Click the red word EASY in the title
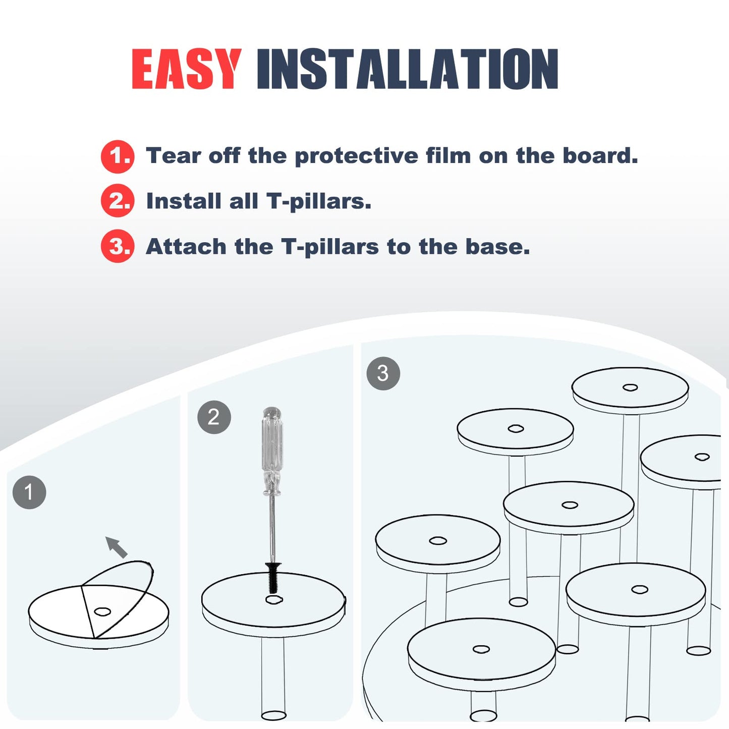tap(187, 69)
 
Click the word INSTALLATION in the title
tap(408, 69)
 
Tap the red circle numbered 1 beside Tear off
tap(117, 156)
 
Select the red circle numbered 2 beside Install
tap(117, 200)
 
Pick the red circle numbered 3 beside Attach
tap(117, 246)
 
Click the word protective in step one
tap(356, 156)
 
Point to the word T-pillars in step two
tap(319, 201)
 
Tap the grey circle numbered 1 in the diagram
tap(29, 492)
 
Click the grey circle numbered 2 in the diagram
tap(214, 417)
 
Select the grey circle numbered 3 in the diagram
tap(383, 373)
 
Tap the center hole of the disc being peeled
tap(102, 612)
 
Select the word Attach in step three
tap(186, 247)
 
